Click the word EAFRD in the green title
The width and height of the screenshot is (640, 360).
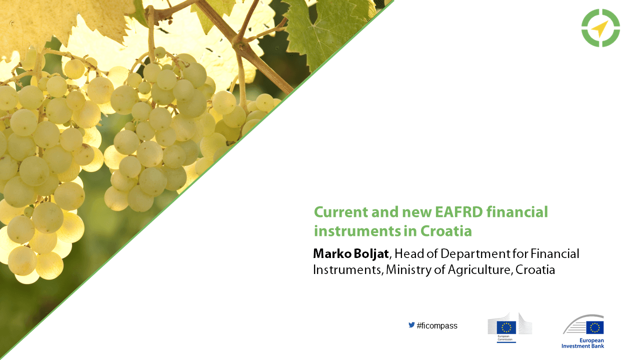(459, 212)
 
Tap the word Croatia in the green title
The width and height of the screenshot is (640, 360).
(446, 231)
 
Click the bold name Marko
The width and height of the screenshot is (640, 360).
(332, 253)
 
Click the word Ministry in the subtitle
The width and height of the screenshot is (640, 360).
(408, 270)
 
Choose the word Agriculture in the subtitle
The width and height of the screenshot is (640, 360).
(479, 270)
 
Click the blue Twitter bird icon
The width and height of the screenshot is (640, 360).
(411, 325)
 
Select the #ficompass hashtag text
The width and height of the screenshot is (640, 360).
(437, 325)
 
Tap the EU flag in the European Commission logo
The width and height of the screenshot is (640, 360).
(506, 327)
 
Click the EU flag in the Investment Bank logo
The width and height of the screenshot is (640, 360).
(595, 327)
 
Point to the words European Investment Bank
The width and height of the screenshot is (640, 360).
(583, 343)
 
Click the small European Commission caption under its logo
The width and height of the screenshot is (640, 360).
(505, 337)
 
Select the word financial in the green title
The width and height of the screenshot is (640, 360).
(517, 212)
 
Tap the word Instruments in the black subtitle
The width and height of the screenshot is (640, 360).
(347, 270)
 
